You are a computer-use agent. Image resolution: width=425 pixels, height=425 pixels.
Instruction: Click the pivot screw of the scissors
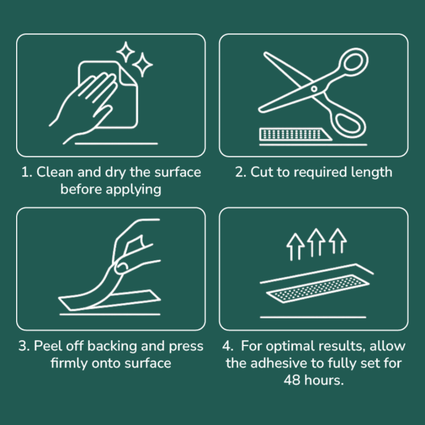pyautogui.click(x=314, y=89)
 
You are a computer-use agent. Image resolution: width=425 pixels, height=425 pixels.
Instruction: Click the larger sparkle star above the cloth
pyautogui.click(x=142, y=65)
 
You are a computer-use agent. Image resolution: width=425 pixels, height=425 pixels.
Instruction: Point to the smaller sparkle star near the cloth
pyautogui.click(x=125, y=52)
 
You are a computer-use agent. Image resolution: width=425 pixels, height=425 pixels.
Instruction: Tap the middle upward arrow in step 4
pyautogui.click(x=316, y=242)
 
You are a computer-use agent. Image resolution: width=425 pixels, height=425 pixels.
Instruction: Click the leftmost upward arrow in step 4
pyautogui.click(x=295, y=246)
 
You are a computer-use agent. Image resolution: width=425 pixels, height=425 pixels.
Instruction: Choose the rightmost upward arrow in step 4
pyautogui.click(x=337, y=241)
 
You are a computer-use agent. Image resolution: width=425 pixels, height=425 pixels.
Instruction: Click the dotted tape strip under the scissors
pyautogui.click(x=295, y=134)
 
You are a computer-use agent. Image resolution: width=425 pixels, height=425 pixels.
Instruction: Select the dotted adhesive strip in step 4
pyautogui.click(x=317, y=289)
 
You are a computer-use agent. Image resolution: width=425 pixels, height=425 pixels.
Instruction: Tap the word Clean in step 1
pyautogui.click(x=55, y=172)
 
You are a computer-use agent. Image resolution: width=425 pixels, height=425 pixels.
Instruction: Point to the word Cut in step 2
pyautogui.click(x=261, y=172)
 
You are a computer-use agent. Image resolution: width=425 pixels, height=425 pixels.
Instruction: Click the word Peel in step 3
pyautogui.click(x=48, y=346)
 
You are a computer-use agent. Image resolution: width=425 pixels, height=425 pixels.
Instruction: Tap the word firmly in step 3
pyautogui.click(x=69, y=364)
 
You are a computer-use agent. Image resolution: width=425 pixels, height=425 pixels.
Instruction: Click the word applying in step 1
pyautogui.click(x=133, y=190)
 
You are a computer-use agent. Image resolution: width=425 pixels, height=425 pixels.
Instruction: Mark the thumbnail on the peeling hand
pyautogui.click(x=121, y=267)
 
